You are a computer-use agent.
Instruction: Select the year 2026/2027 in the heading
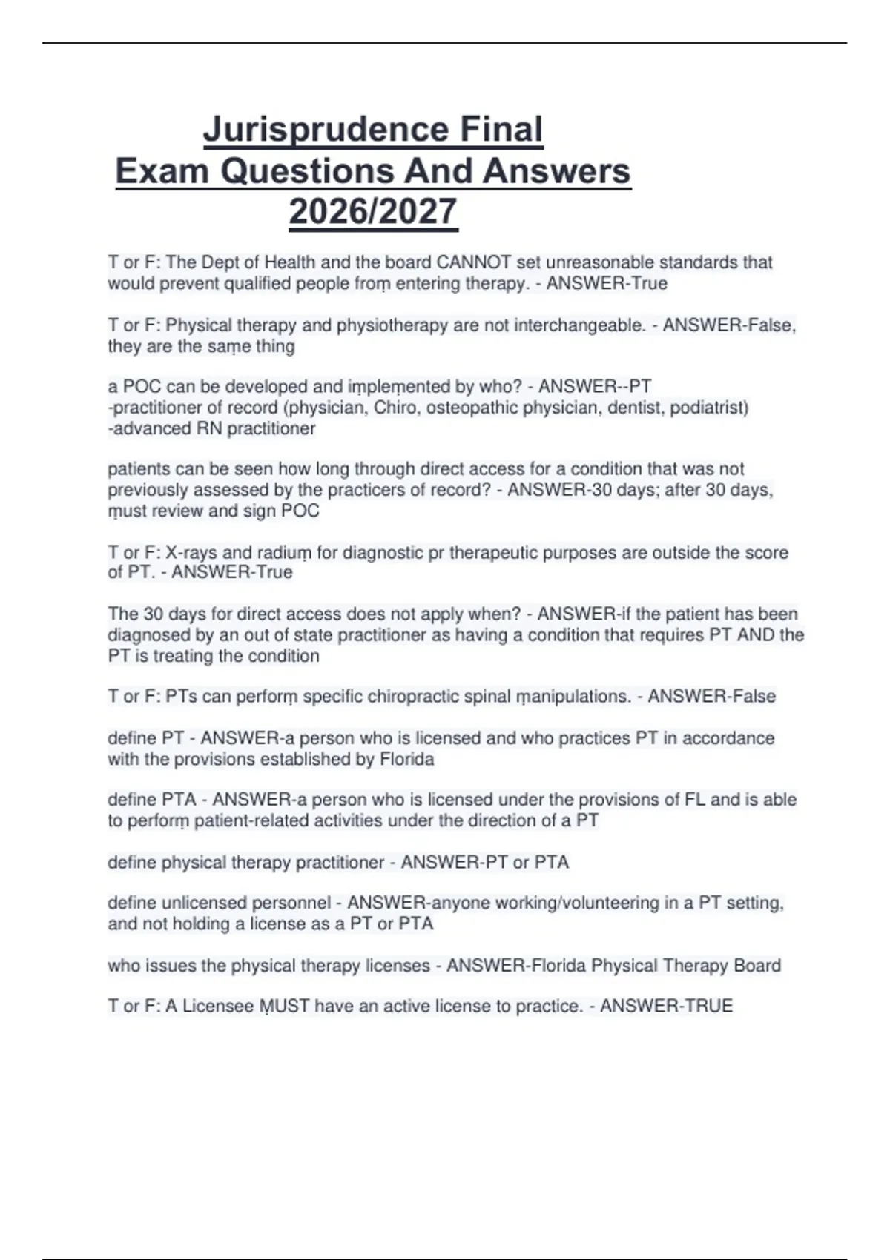tap(373, 212)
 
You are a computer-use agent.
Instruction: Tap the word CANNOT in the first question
tap(473, 262)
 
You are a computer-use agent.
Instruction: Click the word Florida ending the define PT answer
tap(406, 760)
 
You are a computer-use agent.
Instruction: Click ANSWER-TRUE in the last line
tap(666, 1007)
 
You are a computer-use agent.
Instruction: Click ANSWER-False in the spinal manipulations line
tap(712, 697)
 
